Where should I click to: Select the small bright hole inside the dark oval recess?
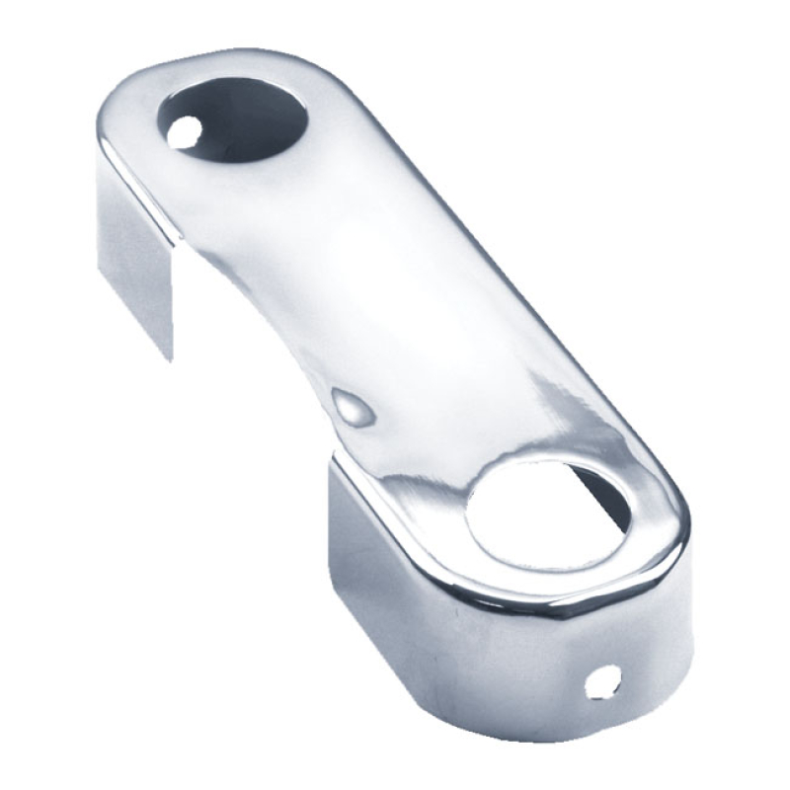pos(182,132)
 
